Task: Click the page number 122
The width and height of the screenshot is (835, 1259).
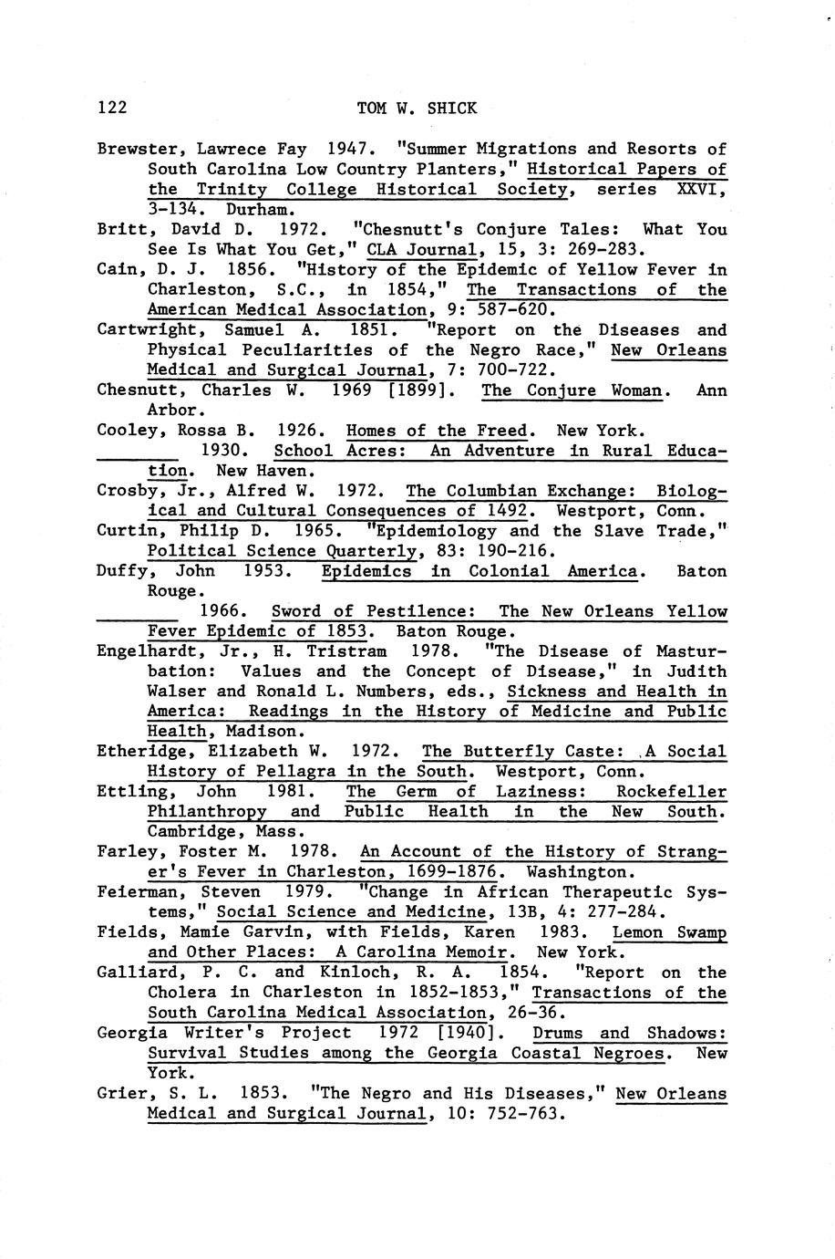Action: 111,109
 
